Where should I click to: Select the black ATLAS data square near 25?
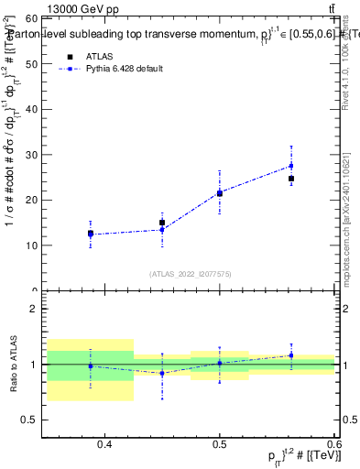pyautogui.click(x=291, y=179)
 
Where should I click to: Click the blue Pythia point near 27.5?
pyautogui.click(x=291, y=166)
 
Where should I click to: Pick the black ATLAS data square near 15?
pyautogui.click(x=162, y=223)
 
